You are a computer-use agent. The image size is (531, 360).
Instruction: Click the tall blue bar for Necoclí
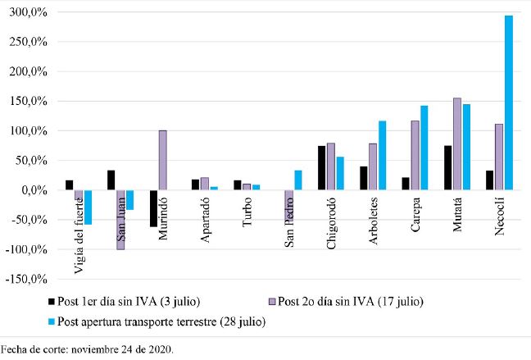pos(508,103)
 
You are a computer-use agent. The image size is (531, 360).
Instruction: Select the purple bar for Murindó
pos(162,160)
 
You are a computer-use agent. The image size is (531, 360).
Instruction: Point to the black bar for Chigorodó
pos(322,168)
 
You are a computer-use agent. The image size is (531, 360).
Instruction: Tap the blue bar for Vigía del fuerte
pos(88,207)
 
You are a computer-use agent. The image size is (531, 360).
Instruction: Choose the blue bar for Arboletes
pos(381,155)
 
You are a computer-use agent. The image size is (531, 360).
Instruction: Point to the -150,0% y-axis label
pos(27,279)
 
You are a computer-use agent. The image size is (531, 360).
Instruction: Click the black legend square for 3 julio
pos(52,302)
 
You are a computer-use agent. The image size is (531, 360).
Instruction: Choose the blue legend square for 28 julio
pos(52,321)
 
